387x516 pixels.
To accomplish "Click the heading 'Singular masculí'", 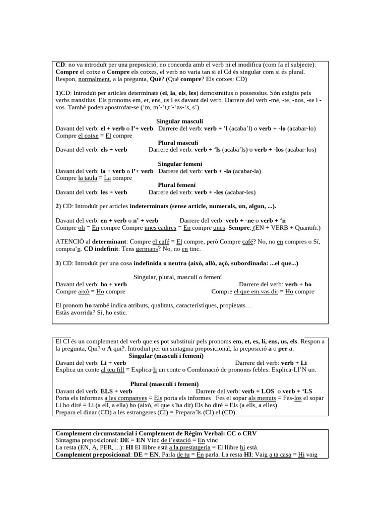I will click(180, 121).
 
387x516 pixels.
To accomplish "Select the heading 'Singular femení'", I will click(180, 164).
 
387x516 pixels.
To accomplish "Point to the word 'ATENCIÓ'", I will click(69, 242).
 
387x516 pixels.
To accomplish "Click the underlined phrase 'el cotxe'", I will click(88, 136).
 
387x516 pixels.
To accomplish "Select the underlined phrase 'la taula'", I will click(87, 178).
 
